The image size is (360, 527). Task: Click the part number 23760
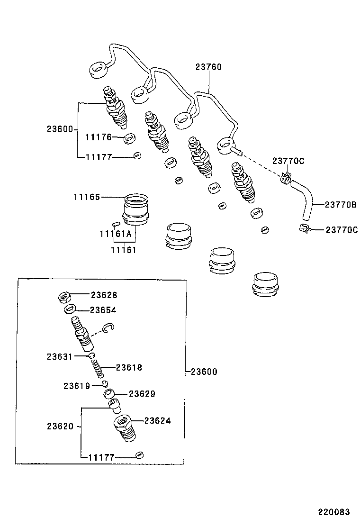pyautogui.click(x=208, y=67)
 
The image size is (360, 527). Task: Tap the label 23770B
pyautogui.click(x=340, y=205)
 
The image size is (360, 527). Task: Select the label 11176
pyautogui.click(x=98, y=137)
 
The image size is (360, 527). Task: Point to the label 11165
pyautogui.click(x=87, y=197)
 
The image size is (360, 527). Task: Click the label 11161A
pyautogui.click(x=115, y=234)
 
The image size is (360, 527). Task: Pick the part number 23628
pyautogui.click(x=104, y=295)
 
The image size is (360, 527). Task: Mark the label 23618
pyautogui.click(x=129, y=367)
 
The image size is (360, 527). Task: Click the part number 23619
pyautogui.click(x=76, y=386)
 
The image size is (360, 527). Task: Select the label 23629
pyautogui.click(x=142, y=394)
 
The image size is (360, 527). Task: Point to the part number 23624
pyautogui.click(x=157, y=420)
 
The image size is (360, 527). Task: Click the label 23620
pyautogui.click(x=60, y=426)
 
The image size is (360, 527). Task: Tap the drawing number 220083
pyautogui.click(x=333, y=512)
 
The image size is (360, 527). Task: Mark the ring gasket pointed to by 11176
pyautogui.click(x=129, y=139)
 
